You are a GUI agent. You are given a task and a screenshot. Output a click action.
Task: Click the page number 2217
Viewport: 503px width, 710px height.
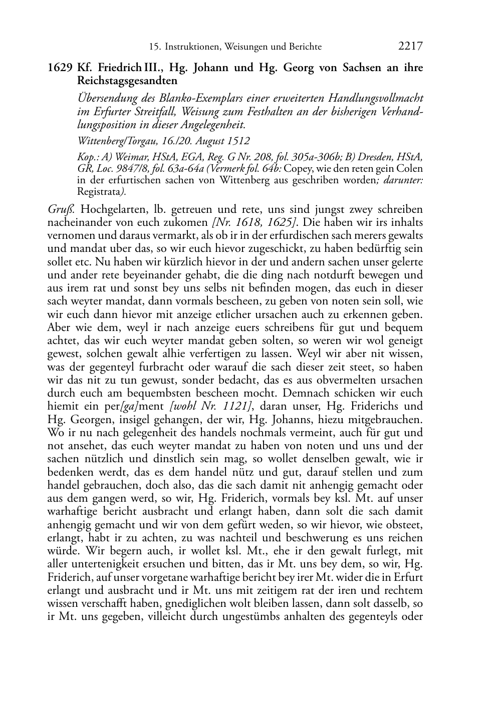pos(410,46)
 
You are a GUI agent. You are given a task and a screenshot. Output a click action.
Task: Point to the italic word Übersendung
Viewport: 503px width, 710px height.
pos(106,99)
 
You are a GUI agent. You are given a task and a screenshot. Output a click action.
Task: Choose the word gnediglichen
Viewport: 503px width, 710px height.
pos(218,603)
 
